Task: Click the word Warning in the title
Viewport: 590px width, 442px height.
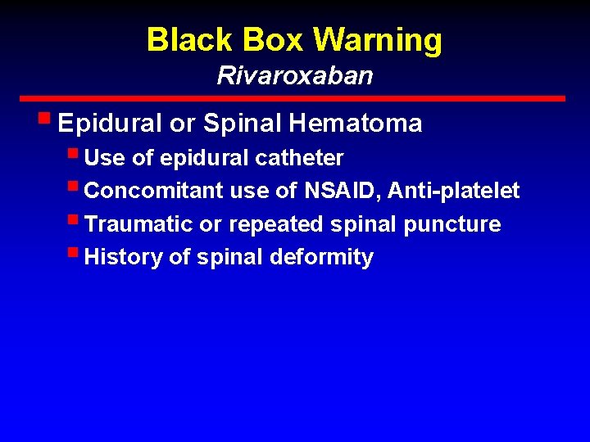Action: pyautogui.click(x=378, y=39)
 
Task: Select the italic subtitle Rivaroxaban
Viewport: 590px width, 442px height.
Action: pyautogui.click(x=295, y=76)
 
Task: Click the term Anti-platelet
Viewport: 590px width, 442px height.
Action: pyautogui.click(x=454, y=191)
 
